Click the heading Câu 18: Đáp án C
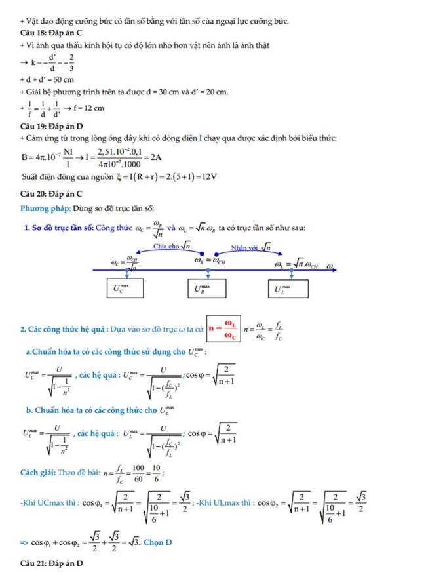tap(51, 31)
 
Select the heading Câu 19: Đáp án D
tap(51, 125)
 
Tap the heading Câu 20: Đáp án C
tap(51, 194)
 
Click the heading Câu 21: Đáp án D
tap(52, 563)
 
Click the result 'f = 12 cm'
tap(89, 108)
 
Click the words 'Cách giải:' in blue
tap(41, 471)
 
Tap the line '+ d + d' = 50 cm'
tap(47, 80)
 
